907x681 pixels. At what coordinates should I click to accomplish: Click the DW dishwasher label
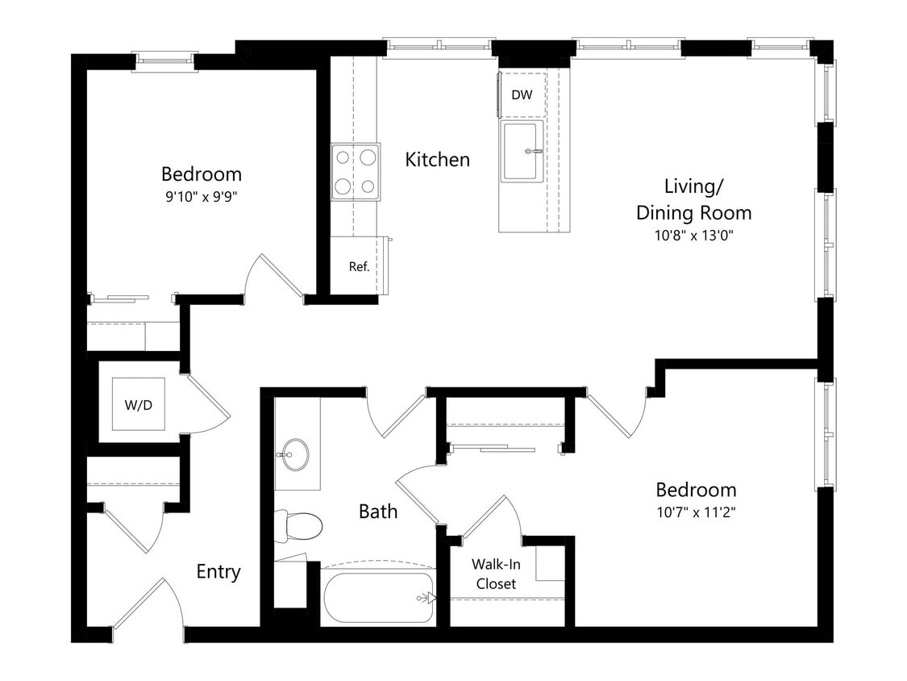pyautogui.click(x=522, y=95)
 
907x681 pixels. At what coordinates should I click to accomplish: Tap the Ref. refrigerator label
pyautogui.click(x=359, y=266)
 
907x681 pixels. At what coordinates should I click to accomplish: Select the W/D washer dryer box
pyautogui.click(x=138, y=405)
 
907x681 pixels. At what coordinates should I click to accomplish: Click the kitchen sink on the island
pyautogui.click(x=522, y=151)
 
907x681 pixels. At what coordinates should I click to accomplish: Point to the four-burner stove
pyautogui.click(x=356, y=172)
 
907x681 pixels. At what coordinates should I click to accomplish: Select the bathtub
pyautogui.click(x=377, y=596)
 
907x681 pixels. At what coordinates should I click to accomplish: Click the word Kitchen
pyautogui.click(x=437, y=160)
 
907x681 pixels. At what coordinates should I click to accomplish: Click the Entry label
pyautogui.click(x=218, y=572)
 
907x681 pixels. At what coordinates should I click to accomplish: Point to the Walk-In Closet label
pyautogui.click(x=495, y=574)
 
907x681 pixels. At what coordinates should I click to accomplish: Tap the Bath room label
pyautogui.click(x=378, y=511)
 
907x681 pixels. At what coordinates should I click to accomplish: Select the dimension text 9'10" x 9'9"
pyautogui.click(x=201, y=194)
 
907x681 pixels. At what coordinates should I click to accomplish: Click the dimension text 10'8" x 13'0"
pyautogui.click(x=693, y=236)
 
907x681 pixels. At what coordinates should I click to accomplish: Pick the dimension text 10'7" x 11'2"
pyautogui.click(x=695, y=511)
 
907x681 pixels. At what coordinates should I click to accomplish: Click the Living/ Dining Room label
pyautogui.click(x=693, y=199)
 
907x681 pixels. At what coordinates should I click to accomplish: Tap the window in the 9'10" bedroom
pyautogui.click(x=164, y=61)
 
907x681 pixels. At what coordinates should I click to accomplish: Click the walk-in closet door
pyautogui.click(x=490, y=516)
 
